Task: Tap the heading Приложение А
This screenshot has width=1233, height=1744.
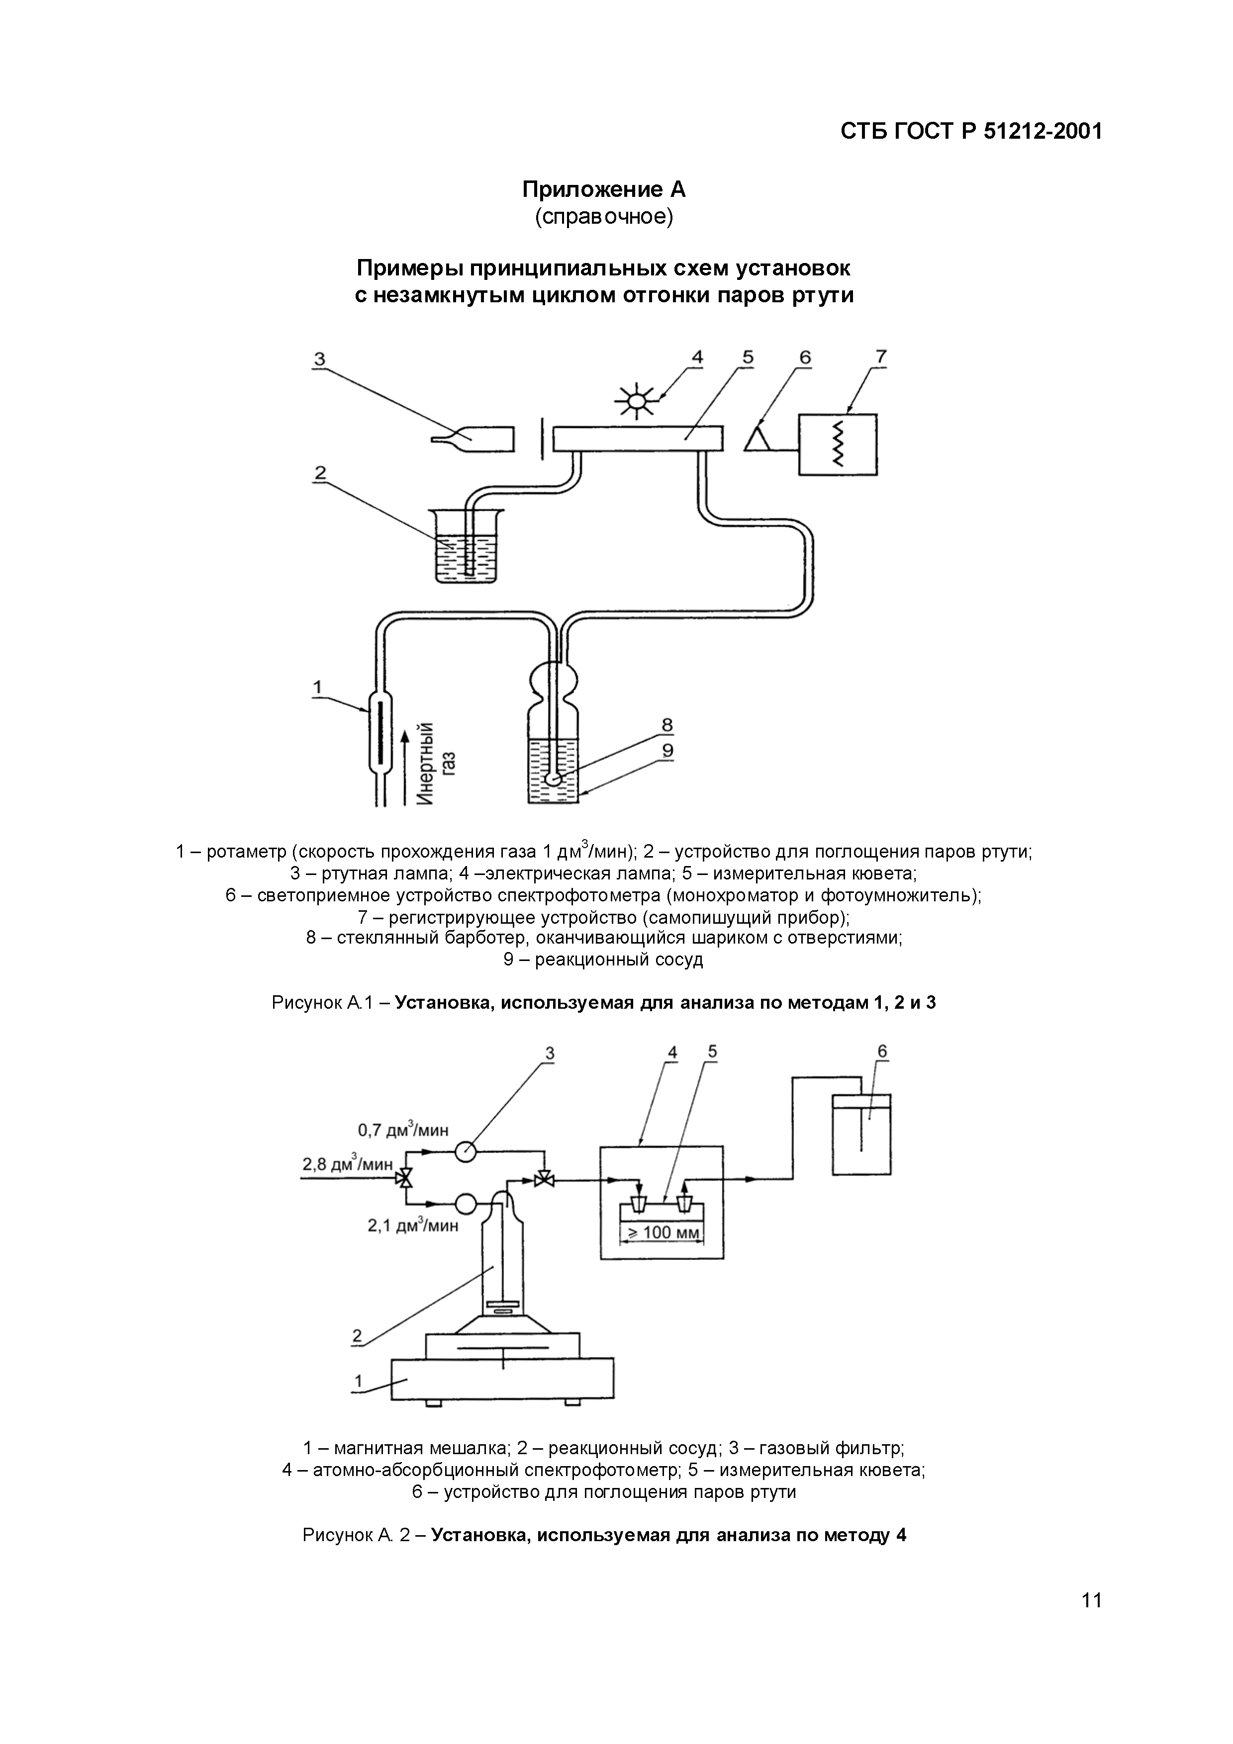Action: (603, 189)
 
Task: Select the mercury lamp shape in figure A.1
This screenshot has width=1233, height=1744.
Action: (474, 438)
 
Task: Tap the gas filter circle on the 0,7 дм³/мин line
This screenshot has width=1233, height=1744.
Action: (465, 1151)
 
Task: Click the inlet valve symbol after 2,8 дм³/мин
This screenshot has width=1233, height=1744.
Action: (406, 1180)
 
